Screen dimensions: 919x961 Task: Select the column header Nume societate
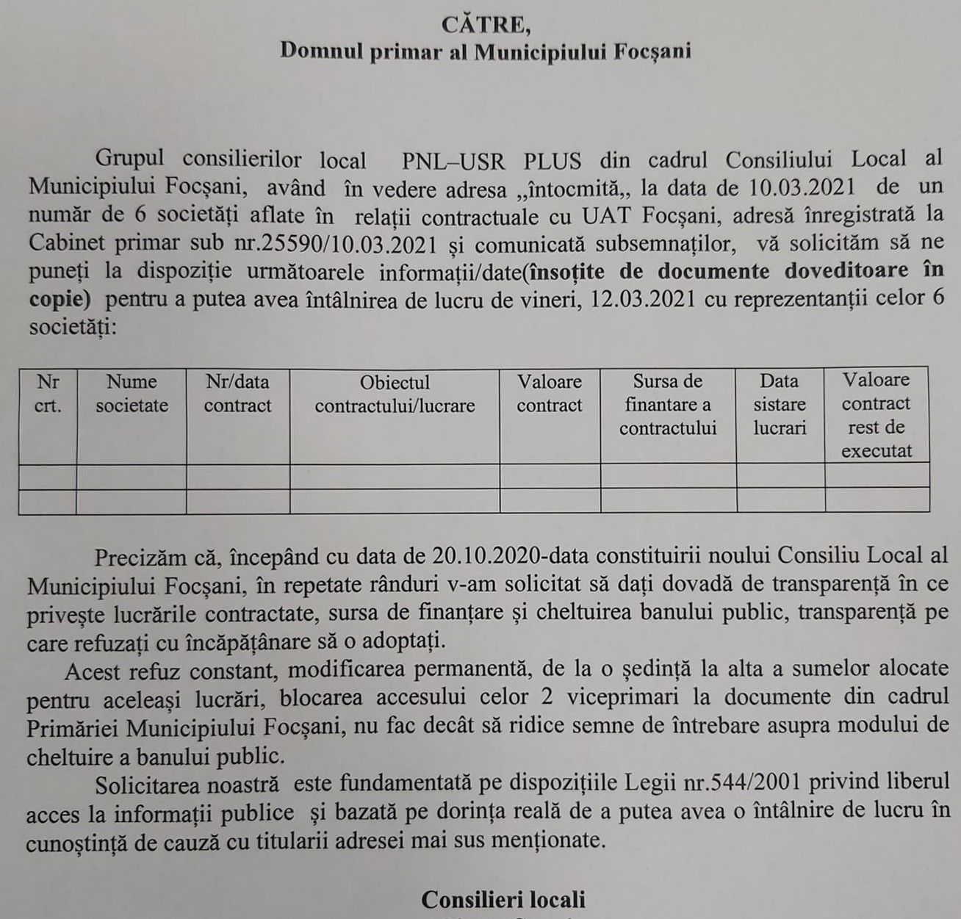pyautogui.click(x=132, y=393)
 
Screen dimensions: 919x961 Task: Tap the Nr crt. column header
pyautogui.click(x=48, y=393)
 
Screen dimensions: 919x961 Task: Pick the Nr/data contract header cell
pyautogui.click(x=237, y=393)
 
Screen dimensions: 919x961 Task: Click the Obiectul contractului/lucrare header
pyautogui.click(x=395, y=394)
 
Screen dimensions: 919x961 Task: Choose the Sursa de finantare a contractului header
pyautogui.click(x=667, y=404)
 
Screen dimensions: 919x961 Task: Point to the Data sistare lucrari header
pyautogui.click(x=780, y=404)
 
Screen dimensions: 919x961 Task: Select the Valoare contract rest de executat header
pyautogui.click(x=877, y=415)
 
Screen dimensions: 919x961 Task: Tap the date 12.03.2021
pyautogui.click(x=647, y=299)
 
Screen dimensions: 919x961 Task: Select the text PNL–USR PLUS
pyautogui.click(x=492, y=160)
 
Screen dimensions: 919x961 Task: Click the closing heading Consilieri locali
pyautogui.click(x=503, y=900)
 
